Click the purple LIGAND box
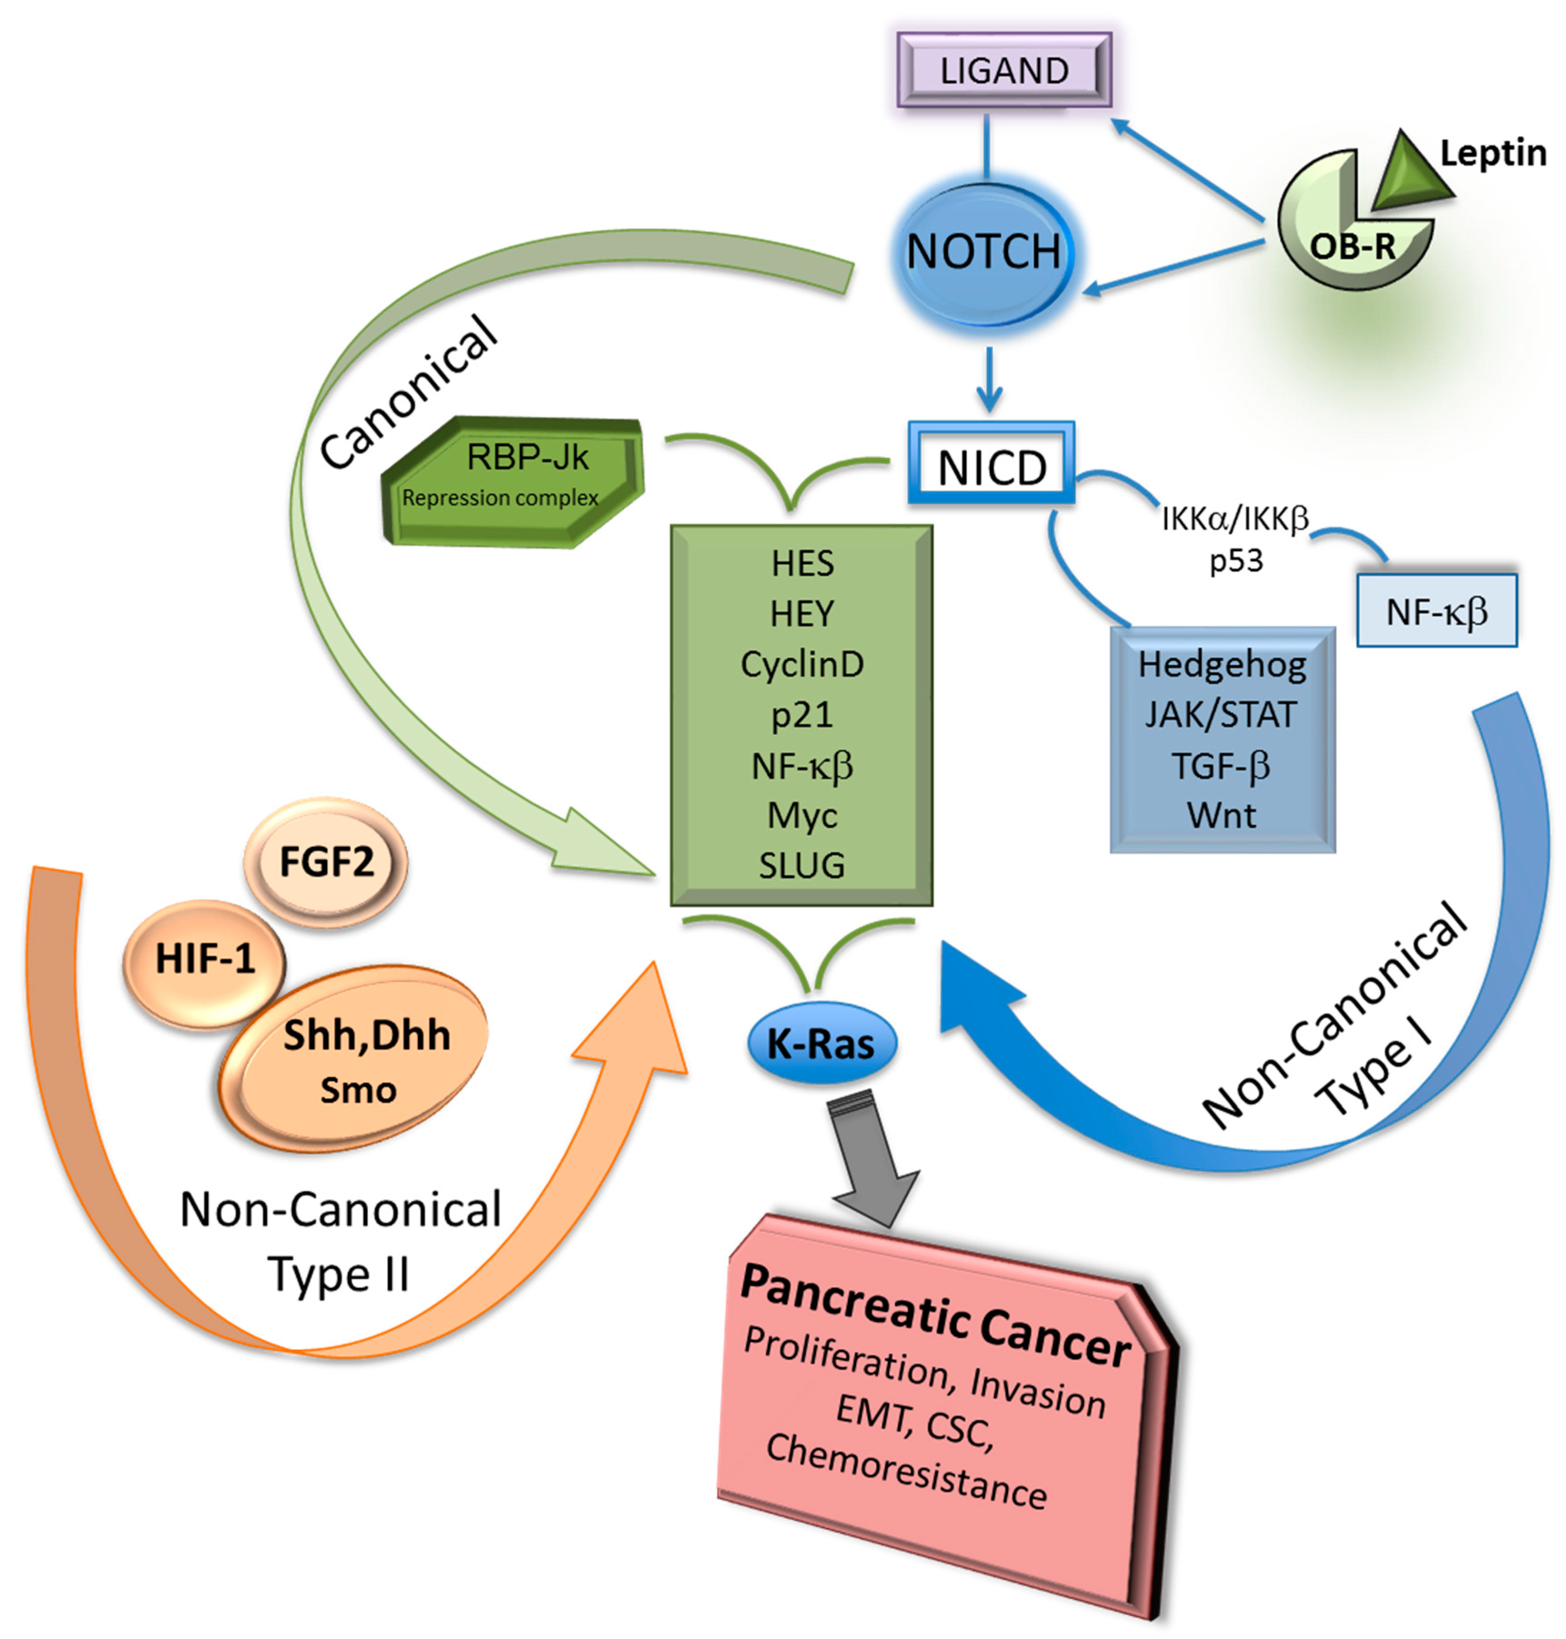coord(1004,70)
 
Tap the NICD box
coord(991,463)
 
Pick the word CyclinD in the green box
coord(802,664)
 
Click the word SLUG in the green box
coord(802,866)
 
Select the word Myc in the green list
coord(802,815)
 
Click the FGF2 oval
coord(325,862)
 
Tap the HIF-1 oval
coord(204,960)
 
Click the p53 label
coord(1236,561)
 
